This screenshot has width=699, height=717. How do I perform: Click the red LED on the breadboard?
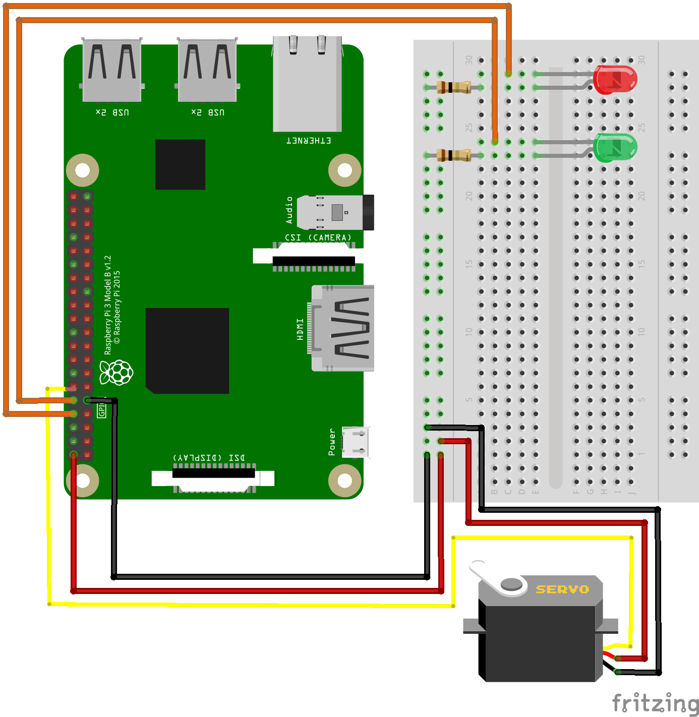click(x=615, y=80)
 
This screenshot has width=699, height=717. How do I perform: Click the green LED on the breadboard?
click(x=615, y=148)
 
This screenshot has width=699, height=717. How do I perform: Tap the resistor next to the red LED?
click(x=453, y=87)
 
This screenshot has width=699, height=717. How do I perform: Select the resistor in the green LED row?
click(x=453, y=155)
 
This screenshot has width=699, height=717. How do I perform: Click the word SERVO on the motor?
click(x=562, y=589)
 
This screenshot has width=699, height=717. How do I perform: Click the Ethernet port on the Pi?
click(x=307, y=83)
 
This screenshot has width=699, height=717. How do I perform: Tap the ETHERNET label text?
click(x=309, y=141)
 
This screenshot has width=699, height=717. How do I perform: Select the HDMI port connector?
click(x=343, y=328)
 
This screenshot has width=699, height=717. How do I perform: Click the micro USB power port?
click(x=356, y=442)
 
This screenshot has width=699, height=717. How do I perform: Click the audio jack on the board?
click(x=335, y=212)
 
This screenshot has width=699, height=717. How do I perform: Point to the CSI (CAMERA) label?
click(x=318, y=237)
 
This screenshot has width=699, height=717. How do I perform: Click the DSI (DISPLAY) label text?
click(x=209, y=458)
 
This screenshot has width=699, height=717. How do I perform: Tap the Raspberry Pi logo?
click(x=117, y=373)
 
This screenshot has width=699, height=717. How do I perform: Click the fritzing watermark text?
click(x=655, y=703)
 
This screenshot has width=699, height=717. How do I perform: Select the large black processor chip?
click(x=187, y=350)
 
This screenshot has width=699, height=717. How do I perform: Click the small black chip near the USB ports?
click(x=180, y=164)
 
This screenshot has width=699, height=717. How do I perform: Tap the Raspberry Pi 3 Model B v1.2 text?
click(x=107, y=305)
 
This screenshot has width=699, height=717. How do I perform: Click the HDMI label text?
click(x=300, y=329)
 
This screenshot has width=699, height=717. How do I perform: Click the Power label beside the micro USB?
click(x=332, y=442)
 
